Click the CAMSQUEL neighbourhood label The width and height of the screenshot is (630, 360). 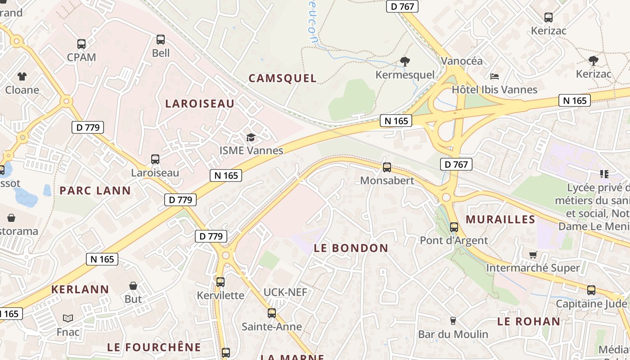pos(283,78)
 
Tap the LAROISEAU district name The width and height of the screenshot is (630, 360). pos(200,103)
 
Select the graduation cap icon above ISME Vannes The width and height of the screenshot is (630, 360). pos(251,137)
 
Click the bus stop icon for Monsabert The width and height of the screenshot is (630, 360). pos(387,167)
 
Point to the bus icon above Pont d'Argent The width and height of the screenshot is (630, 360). pos(454,227)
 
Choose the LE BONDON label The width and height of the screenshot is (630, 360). pos(351,248)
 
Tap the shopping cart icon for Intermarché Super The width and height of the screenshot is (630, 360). pos(533,255)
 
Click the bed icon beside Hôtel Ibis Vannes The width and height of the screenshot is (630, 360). pos(495,76)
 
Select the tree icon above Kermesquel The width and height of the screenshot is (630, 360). pos(405,61)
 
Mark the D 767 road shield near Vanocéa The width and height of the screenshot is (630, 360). pos(402,6)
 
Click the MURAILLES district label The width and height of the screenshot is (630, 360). pos(500,220)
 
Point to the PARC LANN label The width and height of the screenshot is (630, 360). pos(95,190)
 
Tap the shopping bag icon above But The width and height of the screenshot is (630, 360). pos(133,286)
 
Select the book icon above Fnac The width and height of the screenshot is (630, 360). pos(68,318)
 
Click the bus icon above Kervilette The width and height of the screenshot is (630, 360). pos(220,282)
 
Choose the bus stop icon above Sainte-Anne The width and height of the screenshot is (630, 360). pos(272,313)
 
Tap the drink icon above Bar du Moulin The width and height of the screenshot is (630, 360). pos(453,321)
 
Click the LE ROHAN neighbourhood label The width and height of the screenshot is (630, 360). pos(529,321)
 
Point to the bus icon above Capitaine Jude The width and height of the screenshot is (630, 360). pos(591,290)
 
